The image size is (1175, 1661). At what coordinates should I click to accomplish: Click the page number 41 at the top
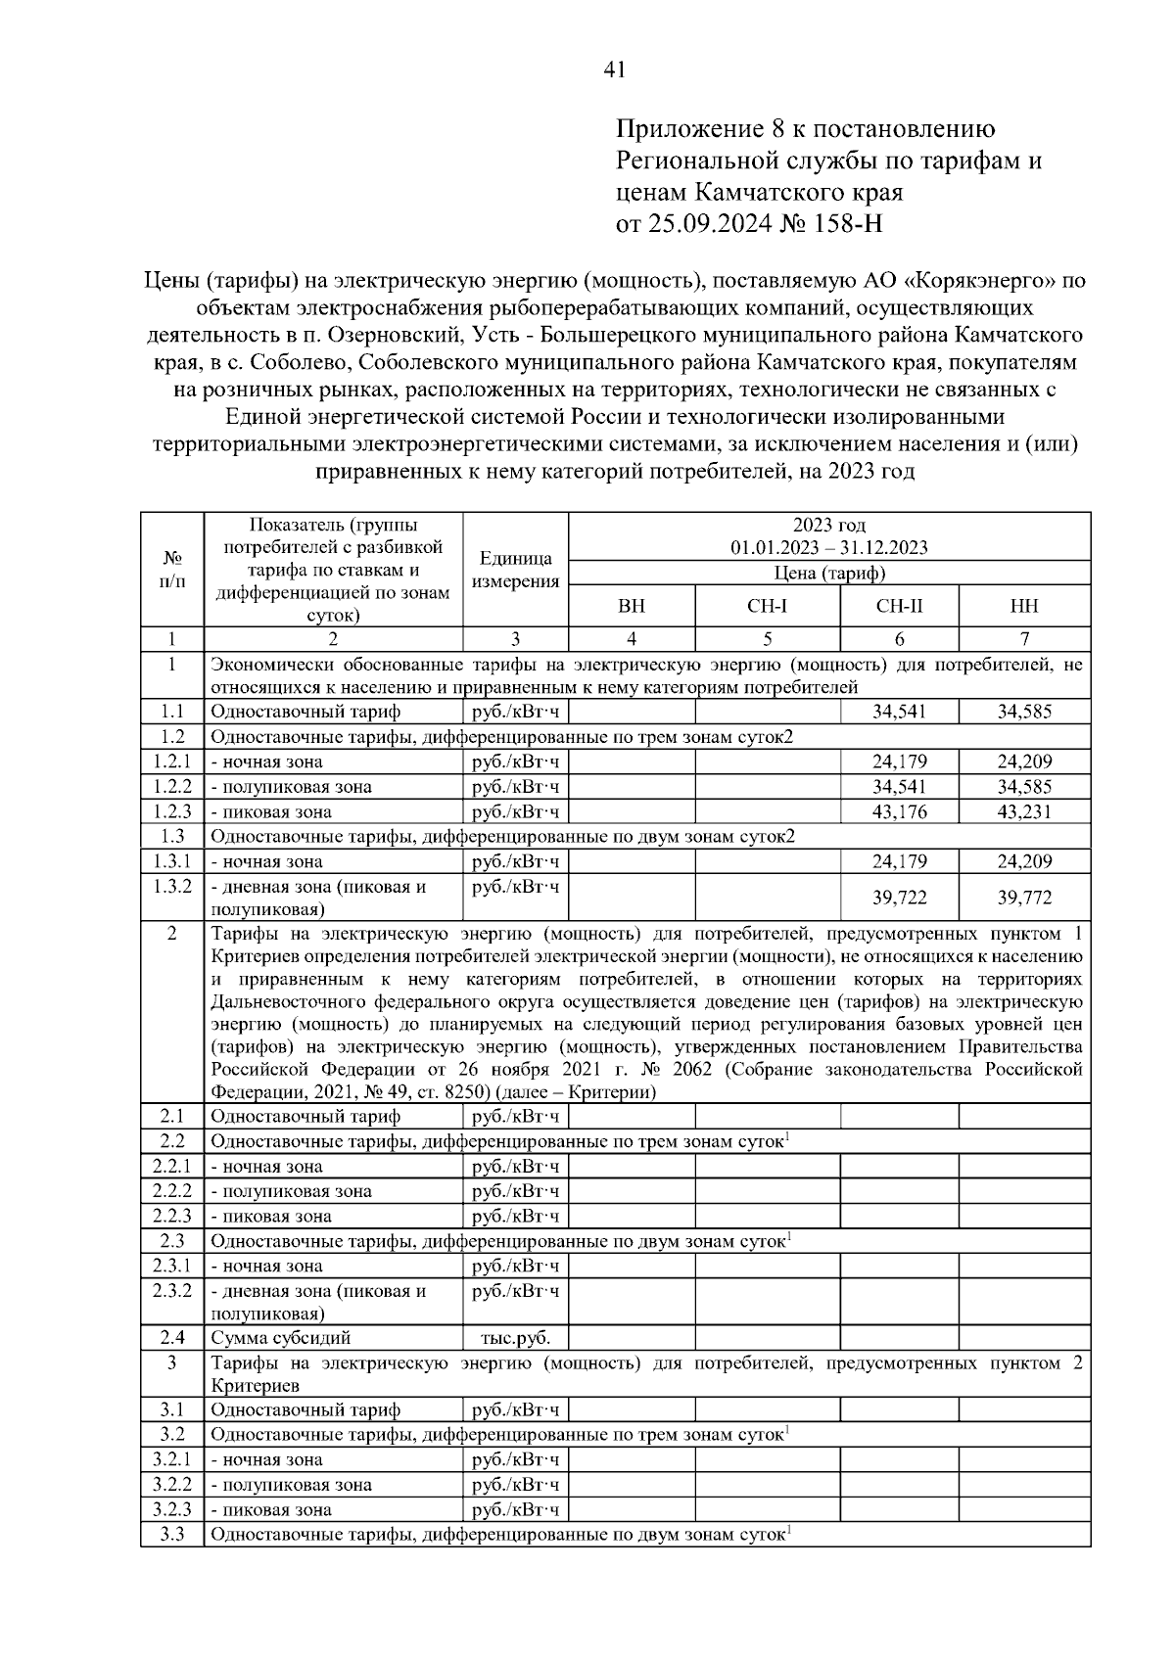click(x=615, y=69)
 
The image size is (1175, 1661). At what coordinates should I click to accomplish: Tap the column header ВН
click(x=632, y=607)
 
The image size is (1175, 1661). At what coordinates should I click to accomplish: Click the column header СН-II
click(x=898, y=607)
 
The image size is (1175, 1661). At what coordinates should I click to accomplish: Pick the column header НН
click(x=1023, y=607)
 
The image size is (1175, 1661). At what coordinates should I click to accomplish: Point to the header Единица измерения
click(x=515, y=570)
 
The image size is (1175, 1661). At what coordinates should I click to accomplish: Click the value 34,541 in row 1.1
click(x=899, y=712)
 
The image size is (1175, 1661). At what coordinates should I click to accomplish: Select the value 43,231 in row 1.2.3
click(x=1024, y=811)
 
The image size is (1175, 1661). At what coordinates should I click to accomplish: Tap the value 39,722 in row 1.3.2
click(x=899, y=898)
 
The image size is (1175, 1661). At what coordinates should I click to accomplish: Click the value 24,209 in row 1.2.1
click(x=1024, y=761)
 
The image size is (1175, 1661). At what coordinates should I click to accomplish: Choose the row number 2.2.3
click(x=171, y=1216)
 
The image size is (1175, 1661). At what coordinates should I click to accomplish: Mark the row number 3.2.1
click(x=171, y=1459)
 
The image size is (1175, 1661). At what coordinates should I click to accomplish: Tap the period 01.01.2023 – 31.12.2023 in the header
click(x=828, y=547)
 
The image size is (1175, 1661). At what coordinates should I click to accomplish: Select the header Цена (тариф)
click(x=828, y=573)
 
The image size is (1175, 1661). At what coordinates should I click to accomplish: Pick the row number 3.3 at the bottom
click(x=171, y=1534)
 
